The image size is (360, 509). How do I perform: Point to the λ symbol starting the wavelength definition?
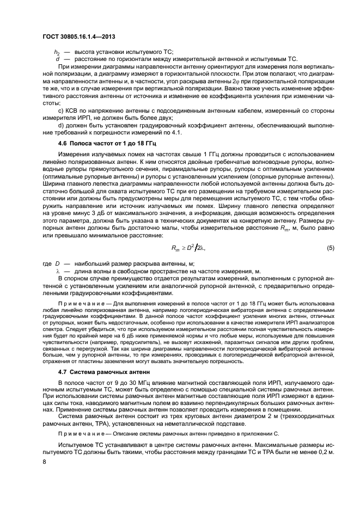[57, 271]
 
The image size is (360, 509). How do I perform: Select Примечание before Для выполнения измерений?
[77, 302]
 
